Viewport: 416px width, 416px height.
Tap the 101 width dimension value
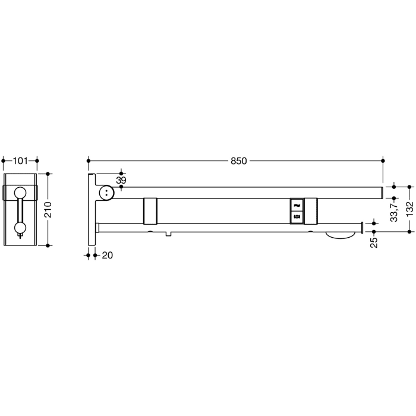pos(21,160)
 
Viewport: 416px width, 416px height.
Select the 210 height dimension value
pos(49,209)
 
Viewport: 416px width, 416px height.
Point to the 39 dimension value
pos(121,179)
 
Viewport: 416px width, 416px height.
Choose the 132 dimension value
pos(409,210)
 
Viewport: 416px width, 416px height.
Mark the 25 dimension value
pos(374,242)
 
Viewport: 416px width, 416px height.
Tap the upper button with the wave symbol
pos(296,204)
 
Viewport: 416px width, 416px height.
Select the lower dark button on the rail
pos(296,216)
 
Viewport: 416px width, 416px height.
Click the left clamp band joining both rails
pos(150,210)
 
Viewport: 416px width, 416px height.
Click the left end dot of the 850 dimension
pos(89,161)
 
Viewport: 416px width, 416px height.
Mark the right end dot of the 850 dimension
pos(383,161)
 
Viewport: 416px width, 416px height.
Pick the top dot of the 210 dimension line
pos(49,174)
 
